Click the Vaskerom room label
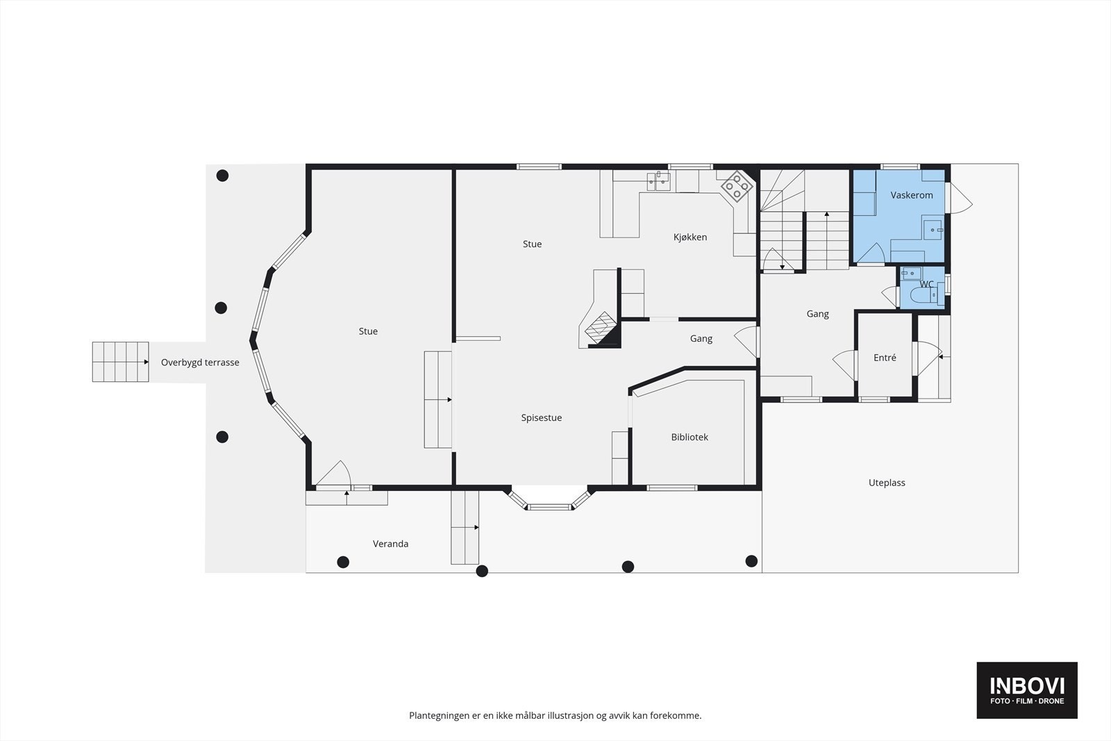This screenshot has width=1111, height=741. pos(911,195)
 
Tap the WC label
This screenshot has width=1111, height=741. pos(926,284)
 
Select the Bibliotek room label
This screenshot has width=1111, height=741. pos(690,437)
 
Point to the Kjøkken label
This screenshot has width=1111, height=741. pos(690,237)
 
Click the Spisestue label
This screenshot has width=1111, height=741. pos(541,417)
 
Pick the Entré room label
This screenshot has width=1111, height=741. pos(885,357)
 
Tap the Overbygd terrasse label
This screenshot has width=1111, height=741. pos(200,363)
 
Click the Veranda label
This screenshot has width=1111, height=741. pos(390,544)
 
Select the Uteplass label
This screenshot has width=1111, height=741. pos(886,483)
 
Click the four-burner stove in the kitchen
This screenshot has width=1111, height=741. pos(737,187)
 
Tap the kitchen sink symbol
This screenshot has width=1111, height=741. pos(659,181)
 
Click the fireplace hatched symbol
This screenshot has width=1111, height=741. pos(601,326)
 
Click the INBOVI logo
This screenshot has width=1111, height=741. pos(1027,690)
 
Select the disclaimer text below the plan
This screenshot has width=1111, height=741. pos(555,715)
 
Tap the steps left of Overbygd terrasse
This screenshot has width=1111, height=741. pos(121,362)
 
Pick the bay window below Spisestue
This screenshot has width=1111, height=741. pos(549,499)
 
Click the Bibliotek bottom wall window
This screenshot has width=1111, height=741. pos(672,488)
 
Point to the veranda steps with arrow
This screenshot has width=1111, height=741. pos(465,527)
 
